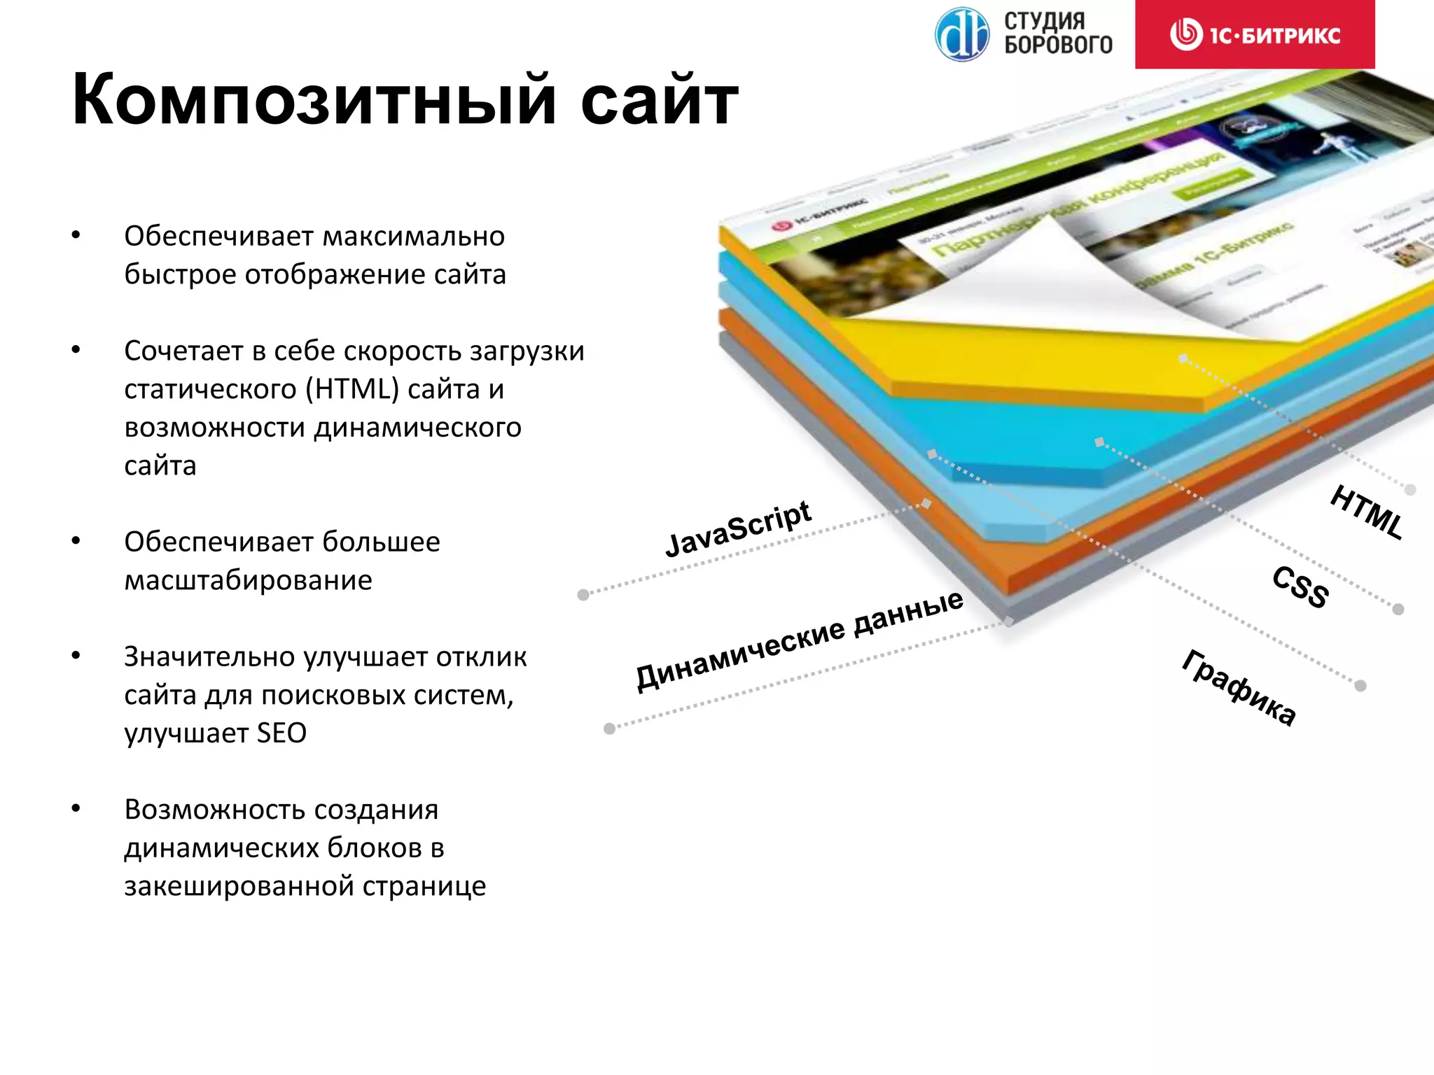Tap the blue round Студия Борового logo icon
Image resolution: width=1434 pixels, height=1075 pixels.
click(x=962, y=34)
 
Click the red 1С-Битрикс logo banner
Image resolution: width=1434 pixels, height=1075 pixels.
click(x=1255, y=34)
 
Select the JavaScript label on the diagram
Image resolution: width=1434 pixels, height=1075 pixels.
click(x=738, y=529)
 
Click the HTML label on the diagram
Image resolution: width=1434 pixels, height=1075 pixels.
click(x=1367, y=512)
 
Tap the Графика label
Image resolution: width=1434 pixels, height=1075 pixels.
click(x=1239, y=688)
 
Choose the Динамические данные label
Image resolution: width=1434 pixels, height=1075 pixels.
click(x=799, y=640)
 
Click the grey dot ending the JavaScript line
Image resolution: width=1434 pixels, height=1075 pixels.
click(x=583, y=595)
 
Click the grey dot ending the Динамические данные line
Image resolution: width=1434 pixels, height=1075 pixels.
click(x=609, y=729)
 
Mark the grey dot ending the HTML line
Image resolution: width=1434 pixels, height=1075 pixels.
click(x=1410, y=490)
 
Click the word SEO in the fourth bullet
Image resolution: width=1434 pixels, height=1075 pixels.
click(x=281, y=733)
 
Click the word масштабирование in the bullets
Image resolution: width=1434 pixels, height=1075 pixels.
click(x=248, y=580)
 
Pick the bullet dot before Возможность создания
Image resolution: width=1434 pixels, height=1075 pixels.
click(x=76, y=809)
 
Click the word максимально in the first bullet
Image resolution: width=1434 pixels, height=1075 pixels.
click(x=413, y=237)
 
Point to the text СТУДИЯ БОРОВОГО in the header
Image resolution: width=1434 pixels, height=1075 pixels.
click(x=1057, y=33)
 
